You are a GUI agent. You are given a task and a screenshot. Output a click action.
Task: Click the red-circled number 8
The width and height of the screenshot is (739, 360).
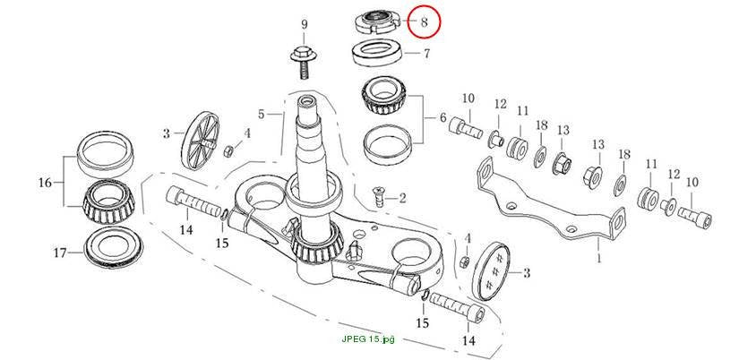tap(424, 22)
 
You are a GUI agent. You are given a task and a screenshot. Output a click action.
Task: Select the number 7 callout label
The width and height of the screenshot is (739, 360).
tap(426, 53)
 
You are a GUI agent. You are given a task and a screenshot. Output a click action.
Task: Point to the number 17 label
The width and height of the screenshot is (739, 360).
tap(59, 253)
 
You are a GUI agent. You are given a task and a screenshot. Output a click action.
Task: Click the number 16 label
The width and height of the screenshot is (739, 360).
tap(45, 183)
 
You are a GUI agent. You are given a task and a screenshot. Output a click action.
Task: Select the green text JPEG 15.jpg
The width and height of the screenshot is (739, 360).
tap(368, 339)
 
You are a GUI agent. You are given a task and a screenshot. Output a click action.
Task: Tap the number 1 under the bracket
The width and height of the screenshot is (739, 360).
tap(598, 259)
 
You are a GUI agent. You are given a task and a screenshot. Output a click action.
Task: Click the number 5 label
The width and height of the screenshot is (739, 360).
tap(262, 114)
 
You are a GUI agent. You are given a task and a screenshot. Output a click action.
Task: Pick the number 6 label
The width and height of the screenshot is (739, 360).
tap(443, 118)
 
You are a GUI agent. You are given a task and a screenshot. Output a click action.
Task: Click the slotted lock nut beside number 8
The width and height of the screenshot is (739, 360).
tap(376, 22)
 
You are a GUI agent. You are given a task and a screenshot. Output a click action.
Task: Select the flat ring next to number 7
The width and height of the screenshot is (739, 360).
tap(377, 53)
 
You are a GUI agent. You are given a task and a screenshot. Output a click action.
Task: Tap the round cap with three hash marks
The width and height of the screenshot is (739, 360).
tap(490, 270)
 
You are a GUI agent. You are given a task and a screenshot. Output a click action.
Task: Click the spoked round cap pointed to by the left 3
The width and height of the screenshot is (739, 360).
tap(202, 141)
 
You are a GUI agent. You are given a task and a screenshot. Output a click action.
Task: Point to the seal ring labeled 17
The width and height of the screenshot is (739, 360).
tap(113, 247)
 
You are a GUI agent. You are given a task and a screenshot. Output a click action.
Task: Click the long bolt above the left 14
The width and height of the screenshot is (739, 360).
tap(194, 201)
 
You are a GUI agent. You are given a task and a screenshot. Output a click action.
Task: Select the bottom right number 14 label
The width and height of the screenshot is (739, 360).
tap(469, 339)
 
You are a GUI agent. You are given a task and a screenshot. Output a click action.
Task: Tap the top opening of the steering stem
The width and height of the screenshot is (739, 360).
tap(307, 102)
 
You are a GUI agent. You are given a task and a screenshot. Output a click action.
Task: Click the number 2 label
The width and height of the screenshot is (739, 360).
tap(402, 198)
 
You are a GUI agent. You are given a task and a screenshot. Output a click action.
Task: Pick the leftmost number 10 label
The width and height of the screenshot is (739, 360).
tap(468, 99)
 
